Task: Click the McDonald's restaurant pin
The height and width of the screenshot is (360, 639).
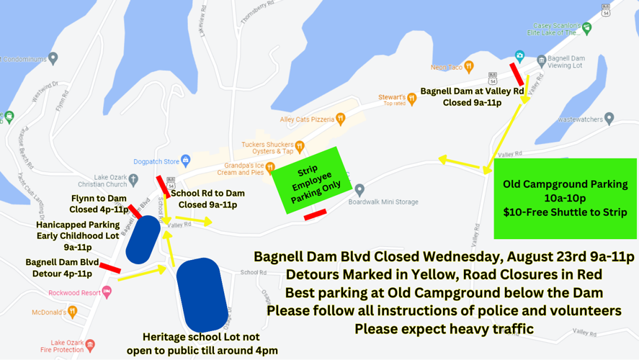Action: pos(72,312)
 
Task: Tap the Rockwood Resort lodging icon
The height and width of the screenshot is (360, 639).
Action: pos(107,292)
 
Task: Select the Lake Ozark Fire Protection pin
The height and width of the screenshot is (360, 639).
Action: pos(90,346)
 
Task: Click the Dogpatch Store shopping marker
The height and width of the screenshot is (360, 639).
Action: pos(186,161)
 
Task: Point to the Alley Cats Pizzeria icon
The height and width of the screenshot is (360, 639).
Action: pos(341,119)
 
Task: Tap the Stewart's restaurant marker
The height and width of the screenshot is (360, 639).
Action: pos(412,99)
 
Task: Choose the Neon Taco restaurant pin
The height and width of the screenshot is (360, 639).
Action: pos(469,67)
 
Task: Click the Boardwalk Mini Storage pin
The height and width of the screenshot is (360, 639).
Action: pos(359,190)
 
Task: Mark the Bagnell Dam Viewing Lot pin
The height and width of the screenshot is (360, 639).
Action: pos(541,60)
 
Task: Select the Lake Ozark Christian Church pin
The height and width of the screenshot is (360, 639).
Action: pos(133,181)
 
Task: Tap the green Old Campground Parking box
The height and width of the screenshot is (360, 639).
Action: pos(565,198)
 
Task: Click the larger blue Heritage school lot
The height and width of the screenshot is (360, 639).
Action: pos(202,294)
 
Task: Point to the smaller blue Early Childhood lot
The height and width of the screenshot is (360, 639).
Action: pos(143,240)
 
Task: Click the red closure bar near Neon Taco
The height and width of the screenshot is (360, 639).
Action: pos(517,74)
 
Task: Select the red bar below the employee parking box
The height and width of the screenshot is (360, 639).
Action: pos(315,215)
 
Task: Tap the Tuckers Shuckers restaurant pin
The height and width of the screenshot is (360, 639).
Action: pos(300,146)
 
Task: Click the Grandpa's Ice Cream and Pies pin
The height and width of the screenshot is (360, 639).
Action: pos(270,168)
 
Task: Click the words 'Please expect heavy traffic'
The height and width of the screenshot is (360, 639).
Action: pos(444,329)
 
